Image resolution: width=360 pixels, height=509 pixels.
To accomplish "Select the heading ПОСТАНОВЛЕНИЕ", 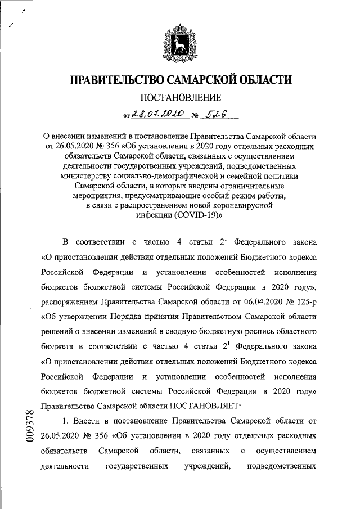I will (x=180, y=98).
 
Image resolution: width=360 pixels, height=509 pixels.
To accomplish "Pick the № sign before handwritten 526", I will (x=195, y=116).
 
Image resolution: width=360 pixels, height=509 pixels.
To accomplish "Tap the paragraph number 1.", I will (x=65, y=420).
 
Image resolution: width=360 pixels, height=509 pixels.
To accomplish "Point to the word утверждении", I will (x=87, y=316).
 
